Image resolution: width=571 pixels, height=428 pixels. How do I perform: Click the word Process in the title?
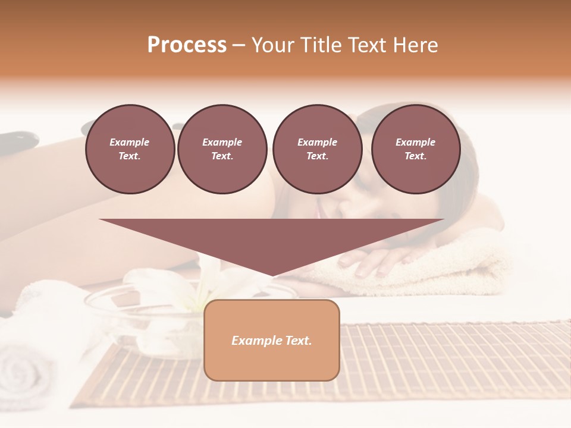[x=187, y=45]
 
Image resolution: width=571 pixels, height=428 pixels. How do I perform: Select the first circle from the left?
[x=130, y=149]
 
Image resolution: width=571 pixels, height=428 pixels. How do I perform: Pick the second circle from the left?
[x=222, y=149]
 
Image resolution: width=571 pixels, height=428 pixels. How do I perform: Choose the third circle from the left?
[x=317, y=149]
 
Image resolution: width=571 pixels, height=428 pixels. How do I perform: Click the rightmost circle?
[x=415, y=149]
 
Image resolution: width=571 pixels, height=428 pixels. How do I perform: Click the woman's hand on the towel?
[x=375, y=262]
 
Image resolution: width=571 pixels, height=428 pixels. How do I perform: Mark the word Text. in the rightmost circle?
[x=415, y=156]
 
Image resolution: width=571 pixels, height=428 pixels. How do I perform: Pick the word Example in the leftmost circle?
[x=130, y=142]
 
